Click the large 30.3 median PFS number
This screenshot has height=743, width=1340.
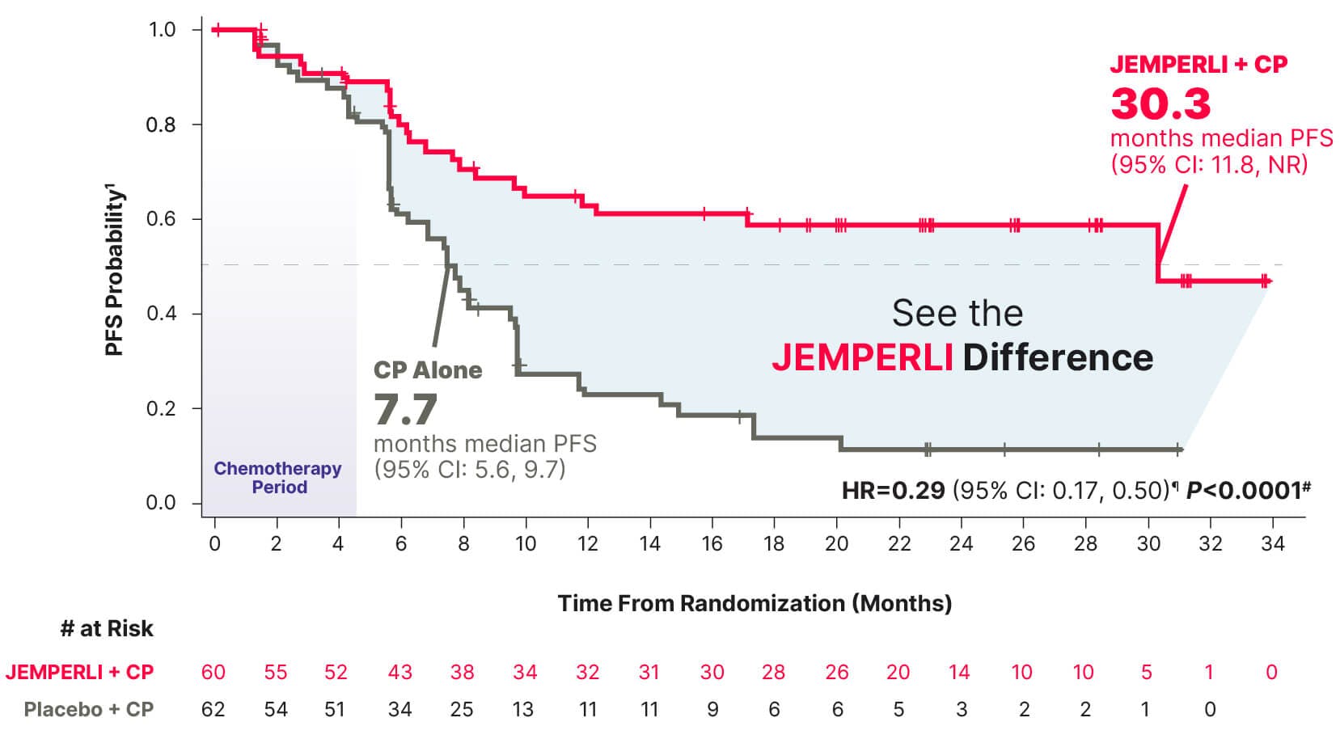point(1160,103)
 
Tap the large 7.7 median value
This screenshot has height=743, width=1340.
point(405,410)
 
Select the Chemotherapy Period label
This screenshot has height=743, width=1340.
point(277,478)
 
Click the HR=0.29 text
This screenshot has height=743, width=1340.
point(893,490)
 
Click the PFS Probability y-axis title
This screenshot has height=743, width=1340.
point(116,271)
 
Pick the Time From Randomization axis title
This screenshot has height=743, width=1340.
point(754,603)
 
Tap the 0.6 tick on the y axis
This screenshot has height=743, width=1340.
point(161,219)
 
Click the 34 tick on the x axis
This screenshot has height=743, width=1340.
point(1272,544)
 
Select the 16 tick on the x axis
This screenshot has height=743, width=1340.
point(712,544)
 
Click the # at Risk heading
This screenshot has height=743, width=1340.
point(107,629)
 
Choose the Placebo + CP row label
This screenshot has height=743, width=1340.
point(88,709)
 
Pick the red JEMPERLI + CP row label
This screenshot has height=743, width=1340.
point(79,672)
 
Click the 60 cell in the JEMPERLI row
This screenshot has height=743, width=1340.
point(213,672)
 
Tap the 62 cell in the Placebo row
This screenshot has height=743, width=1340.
point(213,709)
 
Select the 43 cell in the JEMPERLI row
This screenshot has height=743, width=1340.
point(399,672)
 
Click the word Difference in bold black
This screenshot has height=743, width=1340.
point(1058,357)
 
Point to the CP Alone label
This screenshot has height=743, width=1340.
point(427,370)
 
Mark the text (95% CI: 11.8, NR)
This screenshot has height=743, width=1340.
point(1208,164)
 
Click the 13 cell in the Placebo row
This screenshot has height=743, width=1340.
point(523,709)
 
